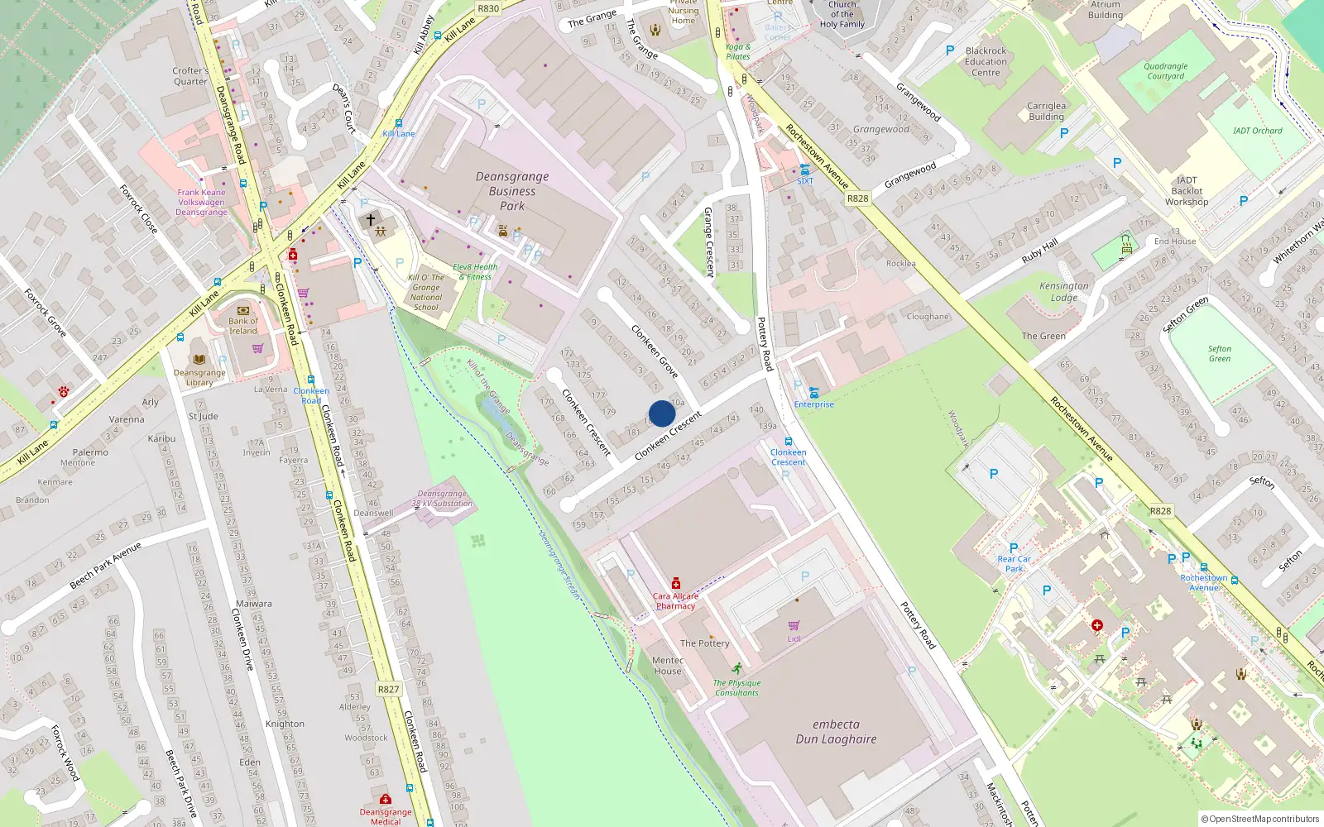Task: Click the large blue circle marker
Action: [x=662, y=413]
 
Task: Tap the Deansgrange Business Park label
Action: [x=512, y=191]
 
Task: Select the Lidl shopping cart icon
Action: [x=794, y=625]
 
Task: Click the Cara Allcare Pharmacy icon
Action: [x=676, y=583]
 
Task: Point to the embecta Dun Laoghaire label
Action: [x=836, y=732]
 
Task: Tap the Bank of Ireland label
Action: [x=243, y=326]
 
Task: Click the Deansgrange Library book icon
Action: [x=199, y=359]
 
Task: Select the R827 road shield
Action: [x=388, y=689]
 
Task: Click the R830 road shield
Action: [x=488, y=8]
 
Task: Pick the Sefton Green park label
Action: [x=1219, y=354]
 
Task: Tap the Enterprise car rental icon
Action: [x=814, y=393]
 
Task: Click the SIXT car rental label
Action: [x=805, y=180]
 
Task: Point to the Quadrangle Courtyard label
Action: [x=1165, y=71]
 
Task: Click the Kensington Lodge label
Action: [x=1064, y=291]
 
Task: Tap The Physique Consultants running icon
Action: [x=736, y=668]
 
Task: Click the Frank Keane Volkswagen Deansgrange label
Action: [x=201, y=202]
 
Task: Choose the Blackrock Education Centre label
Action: [x=986, y=61]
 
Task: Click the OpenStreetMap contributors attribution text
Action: [x=1259, y=819]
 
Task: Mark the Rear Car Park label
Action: [x=1014, y=564]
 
